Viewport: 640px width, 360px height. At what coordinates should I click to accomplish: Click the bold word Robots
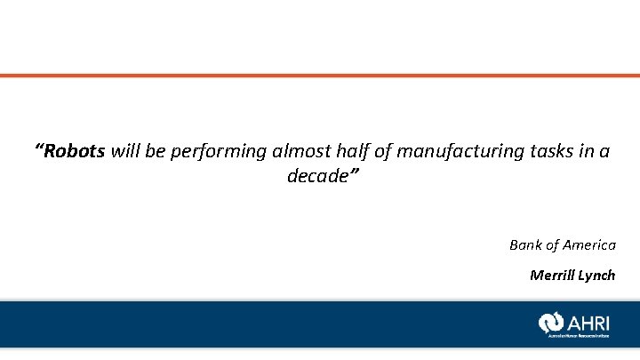click(x=75, y=151)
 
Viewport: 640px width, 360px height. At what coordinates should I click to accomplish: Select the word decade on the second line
click(x=316, y=176)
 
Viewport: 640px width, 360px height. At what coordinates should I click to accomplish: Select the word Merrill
click(x=552, y=275)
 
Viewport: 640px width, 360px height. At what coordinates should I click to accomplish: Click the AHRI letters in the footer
click(x=589, y=321)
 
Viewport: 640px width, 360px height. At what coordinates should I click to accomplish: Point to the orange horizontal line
click(x=320, y=76)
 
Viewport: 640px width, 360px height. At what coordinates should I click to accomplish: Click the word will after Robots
click(x=125, y=151)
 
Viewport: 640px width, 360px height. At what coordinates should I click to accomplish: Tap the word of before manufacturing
click(x=383, y=151)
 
